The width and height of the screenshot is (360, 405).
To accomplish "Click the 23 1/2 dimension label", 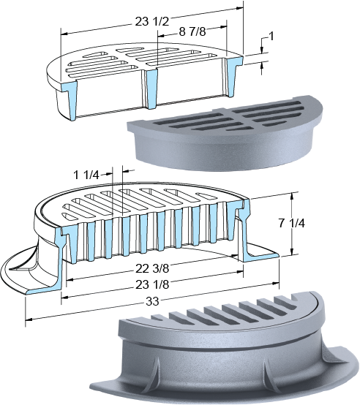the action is [152, 22].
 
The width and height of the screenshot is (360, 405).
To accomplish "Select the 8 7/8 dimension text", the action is [192, 31].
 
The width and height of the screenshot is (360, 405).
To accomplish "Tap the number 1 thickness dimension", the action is [271, 36].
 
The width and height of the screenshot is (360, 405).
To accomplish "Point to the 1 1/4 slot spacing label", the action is [86, 175].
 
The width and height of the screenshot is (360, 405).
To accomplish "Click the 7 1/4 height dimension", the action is [292, 224].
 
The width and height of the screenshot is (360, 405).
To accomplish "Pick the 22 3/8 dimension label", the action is [152, 268].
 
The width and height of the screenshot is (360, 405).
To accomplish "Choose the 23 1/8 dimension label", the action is [152, 284].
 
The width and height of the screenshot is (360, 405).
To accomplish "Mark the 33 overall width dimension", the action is [152, 301].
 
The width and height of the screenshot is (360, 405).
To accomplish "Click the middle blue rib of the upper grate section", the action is [151, 88].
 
